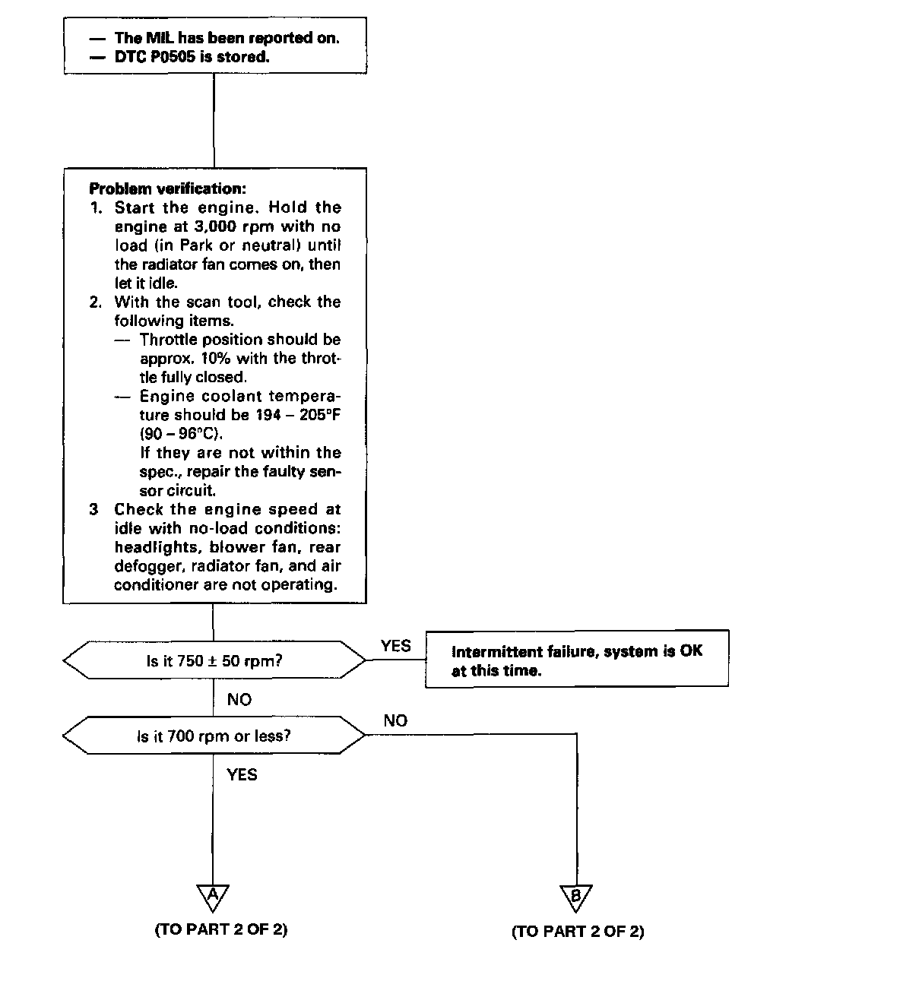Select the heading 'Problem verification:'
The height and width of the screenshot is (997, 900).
pyautogui.click(x=167, y=188)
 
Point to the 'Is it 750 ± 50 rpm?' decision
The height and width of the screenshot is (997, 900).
pyautogui.click(x=214, y=660)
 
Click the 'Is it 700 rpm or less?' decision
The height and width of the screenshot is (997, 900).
pyautogui.click(x=214, y=736)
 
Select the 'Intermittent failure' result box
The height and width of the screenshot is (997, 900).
pyautogui.click(x=576, y=660)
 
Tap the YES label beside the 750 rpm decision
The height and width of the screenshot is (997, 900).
pyautogui.click(x=395, y=646)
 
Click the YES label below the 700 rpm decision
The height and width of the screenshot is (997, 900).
pyautogui.click(x=242, y=775)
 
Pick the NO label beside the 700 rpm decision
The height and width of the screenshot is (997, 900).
pyautogui.click(x=395, y=720)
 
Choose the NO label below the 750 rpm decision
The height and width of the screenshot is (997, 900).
pyautogui.click(x=239, y=699)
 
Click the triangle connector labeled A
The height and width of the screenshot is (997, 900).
pyautogui.click(x=213, y=897)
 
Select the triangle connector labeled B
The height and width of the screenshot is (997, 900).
pyautogui.click(x=576, y=897)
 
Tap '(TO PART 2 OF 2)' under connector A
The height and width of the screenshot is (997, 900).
pyautogui.click(x=221, y=929)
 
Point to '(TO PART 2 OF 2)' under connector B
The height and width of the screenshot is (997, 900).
pyautogui.click(x=578, y=932)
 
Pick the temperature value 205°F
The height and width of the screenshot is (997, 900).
pyautogui.click(x=319, y=415)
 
